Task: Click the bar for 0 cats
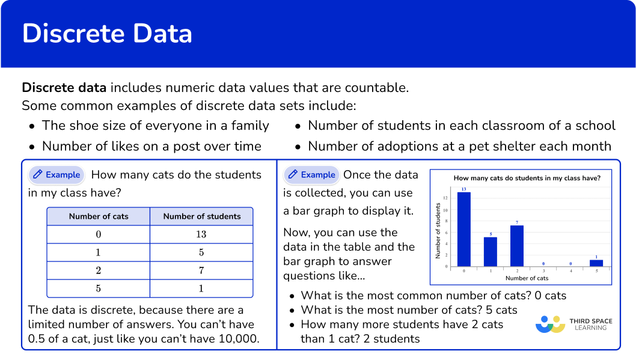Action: [x=463, y=229]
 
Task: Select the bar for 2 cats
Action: [x=517, y=245]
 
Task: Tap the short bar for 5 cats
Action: [x=596, y=263]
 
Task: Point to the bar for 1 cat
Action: [x=491, y=251]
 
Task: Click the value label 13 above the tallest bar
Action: [x=463, y=189]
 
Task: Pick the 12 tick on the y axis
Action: [x=445, y=198]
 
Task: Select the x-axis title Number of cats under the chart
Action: [x=527, y=278]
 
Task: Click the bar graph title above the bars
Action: [x=527, y=178]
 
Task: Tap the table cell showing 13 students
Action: [x=201, y=234]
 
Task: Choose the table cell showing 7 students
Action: [x=201, y=270]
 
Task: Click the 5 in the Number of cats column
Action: [x=99, y=288]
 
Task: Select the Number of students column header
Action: [x=201, y=216]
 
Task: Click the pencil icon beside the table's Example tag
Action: [x=37, y=175]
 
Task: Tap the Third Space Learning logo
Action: [x=573, y=324]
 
